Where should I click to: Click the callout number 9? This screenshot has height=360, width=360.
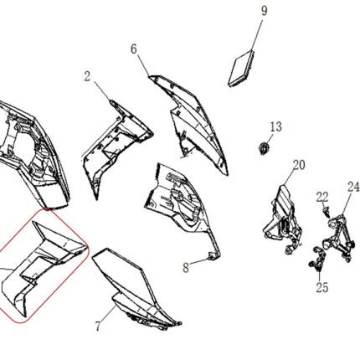coord(264,11)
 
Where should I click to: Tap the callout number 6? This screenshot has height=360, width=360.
coord(134,49)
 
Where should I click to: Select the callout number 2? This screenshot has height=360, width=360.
coord(88,76)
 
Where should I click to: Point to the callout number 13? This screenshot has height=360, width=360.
coord(275,127)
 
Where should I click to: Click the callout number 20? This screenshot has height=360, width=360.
coord(299,165)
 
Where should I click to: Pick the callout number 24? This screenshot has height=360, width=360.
coord(353,187)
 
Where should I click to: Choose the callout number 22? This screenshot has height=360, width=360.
coord(322,198)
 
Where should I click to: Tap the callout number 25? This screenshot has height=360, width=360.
coord(322,287)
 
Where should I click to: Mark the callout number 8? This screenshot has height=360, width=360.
coord(186,268)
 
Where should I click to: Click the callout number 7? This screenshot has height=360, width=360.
coord(98,327)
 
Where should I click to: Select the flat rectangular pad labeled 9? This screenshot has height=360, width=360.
coord(241,69)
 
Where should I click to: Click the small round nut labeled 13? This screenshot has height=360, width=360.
coord(264,148)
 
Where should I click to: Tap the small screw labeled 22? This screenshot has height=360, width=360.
coord(327,213)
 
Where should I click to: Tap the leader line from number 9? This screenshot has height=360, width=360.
coord(257,34)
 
